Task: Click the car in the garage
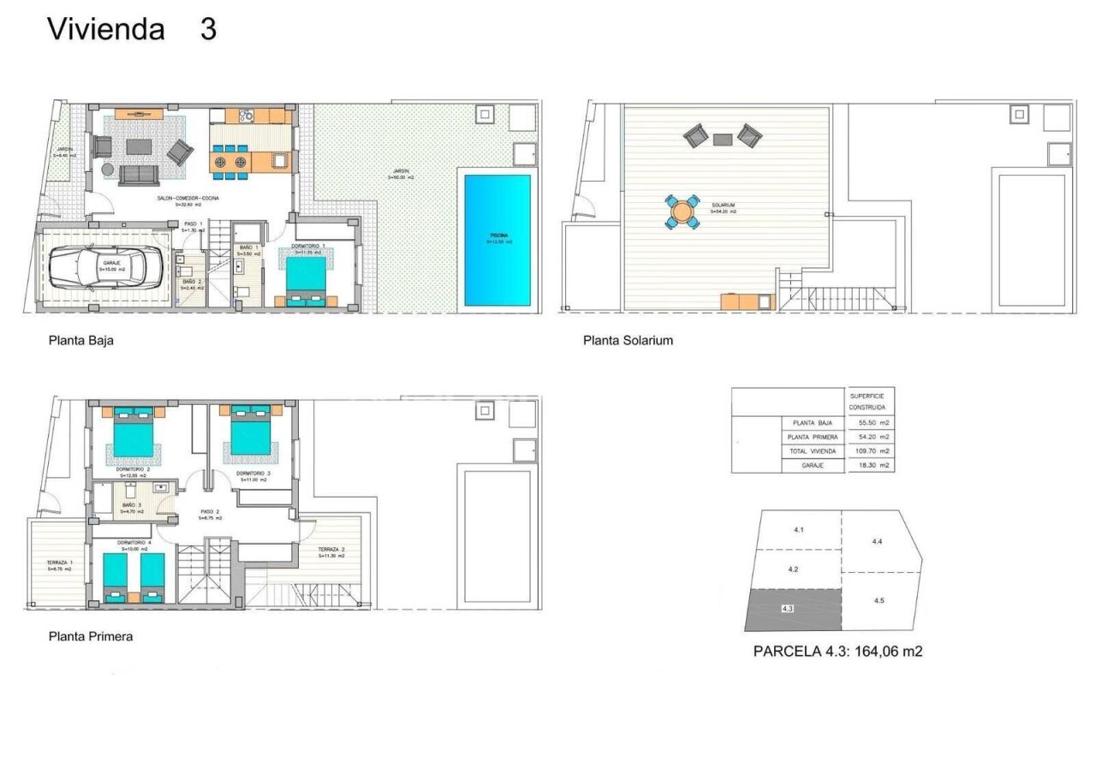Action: (104, 267)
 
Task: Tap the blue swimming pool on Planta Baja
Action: (497, 241)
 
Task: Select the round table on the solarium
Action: (682, 212)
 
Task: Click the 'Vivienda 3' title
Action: (132, 29)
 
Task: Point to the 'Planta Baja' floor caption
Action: (81, 340)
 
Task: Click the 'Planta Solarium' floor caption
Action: (628, 340)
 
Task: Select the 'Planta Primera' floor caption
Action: (91, 636)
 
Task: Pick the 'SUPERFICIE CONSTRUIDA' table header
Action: (868, 402)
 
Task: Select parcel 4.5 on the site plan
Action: (880, 602)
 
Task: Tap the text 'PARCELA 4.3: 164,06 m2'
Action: (837, 652)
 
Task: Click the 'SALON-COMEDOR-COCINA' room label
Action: (188, 199)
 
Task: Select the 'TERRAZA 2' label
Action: (331, 549)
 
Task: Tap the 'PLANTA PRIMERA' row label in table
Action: (812, 438)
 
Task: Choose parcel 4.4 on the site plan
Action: (877, 542)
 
